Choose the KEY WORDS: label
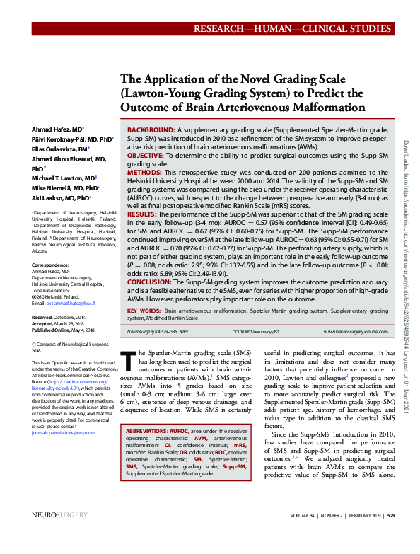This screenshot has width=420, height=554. point(143,311)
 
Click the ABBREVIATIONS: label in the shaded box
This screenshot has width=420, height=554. point(146,431)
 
